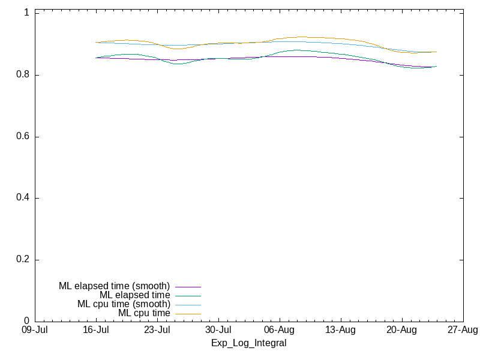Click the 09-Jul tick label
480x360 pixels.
coord(35,330)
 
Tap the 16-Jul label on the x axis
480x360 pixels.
coord(96,330)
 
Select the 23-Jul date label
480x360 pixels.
coord(157,330)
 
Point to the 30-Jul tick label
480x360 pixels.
coord(218,330)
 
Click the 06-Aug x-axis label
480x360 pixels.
coord(279,330)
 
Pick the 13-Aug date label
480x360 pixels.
coord(340,330)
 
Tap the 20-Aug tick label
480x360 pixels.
coord(401,330)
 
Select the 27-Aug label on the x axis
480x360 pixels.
coord(463,330)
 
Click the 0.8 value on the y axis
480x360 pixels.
coord(23,74)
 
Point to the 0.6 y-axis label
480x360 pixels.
coord(23,136)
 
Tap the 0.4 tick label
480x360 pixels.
coord(23,197)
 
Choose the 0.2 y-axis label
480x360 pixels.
coord(23,259)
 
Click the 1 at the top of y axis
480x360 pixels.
coord(26,13)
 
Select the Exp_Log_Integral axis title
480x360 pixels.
coord(249,343)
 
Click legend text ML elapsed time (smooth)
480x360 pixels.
coord(114,286)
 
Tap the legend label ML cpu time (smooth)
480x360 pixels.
coord(124,304)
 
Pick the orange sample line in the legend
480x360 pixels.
coord(188,314)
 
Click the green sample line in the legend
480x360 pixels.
coord(188,296)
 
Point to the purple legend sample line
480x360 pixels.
coord(188,287)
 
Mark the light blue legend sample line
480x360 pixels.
coord(188,305)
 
